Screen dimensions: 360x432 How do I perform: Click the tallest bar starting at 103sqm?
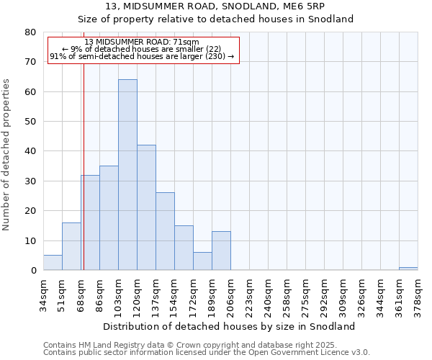pos(127,175)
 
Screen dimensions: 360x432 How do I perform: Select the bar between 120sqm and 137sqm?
pos(146,207)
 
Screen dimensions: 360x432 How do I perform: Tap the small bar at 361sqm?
pos(408,269)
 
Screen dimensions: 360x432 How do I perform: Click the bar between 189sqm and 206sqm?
pos(221,251)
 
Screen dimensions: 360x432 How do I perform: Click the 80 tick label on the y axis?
pos(30,32)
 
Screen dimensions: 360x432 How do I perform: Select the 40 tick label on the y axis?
pos(30,151)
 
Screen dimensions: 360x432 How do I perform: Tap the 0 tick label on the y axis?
pos(32,271)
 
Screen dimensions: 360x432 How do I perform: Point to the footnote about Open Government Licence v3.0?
pos(207,353)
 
